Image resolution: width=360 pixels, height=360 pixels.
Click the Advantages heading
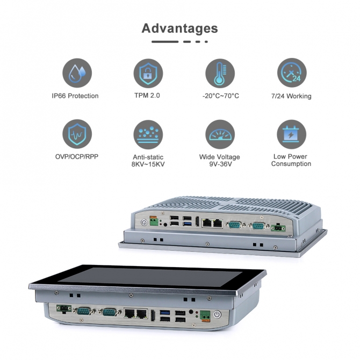179,28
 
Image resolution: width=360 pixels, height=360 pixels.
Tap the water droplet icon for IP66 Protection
77,73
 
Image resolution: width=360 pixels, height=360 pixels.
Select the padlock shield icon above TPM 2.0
148,73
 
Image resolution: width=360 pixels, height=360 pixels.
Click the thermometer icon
220,73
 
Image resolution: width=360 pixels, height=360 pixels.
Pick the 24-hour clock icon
292,73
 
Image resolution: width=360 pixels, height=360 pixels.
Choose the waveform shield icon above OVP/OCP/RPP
77,134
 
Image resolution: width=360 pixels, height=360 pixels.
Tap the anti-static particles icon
148,134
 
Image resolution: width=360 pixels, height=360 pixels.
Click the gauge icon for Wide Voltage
220,134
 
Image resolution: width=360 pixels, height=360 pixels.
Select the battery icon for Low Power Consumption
291,134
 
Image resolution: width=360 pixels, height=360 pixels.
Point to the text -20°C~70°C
221,96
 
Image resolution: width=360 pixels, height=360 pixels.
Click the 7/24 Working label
291,96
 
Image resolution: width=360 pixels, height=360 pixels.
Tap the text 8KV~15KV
148,164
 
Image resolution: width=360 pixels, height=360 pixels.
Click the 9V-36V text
220,164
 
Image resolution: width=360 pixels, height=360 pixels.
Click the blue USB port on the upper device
187,224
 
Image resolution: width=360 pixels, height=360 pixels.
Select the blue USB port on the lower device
165,313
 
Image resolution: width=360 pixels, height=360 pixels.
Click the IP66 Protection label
75,96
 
